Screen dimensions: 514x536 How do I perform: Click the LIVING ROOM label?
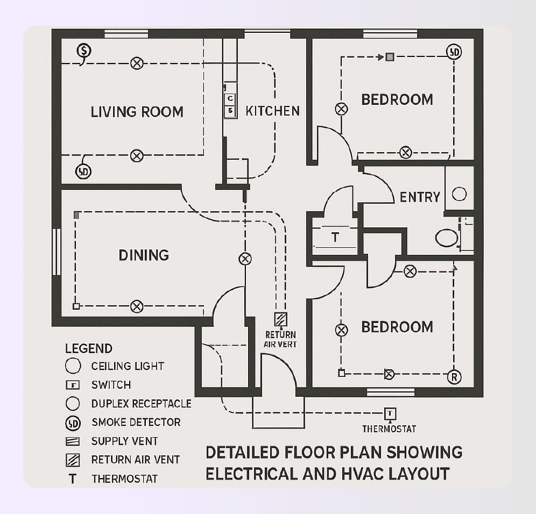pos(137,112)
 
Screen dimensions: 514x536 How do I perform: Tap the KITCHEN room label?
pos(272,111)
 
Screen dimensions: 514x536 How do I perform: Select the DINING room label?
pos(144,255)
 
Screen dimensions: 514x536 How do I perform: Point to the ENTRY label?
pos(420,197)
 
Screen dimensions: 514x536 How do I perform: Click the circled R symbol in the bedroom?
pos(454,377)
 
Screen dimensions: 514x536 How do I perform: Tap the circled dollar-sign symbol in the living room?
pos(83,51)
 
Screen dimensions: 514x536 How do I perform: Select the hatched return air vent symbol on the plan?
pos(281,319)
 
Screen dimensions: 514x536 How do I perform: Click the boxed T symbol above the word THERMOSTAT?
pos(390,413)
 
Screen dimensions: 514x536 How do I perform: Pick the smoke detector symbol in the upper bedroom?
pos(454,52)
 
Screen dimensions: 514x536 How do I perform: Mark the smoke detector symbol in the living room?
pos(83,172)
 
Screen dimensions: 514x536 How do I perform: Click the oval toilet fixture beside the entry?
pos(446,238)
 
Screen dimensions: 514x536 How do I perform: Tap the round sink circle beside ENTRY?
pos(459,194)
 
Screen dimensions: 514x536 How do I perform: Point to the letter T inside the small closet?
pos(335,237)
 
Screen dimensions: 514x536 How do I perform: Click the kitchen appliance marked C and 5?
pos(230,104)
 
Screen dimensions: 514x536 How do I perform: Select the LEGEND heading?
pos(89,348)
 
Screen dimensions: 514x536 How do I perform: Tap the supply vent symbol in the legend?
pos(72,441)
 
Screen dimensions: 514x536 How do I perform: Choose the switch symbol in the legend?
pos(72,385)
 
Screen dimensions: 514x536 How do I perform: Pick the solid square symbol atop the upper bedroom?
pos(390,56)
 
